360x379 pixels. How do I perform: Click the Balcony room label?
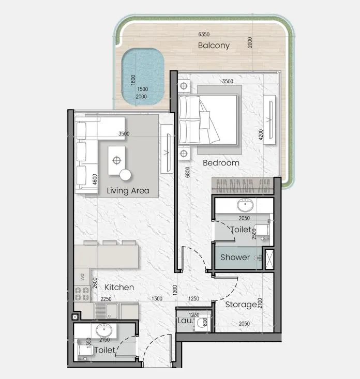pyautogui.click(x=214, y=46)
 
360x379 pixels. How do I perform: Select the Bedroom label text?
pyautogui.click(x=221, y=163)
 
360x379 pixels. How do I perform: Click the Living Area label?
pyautogui.click(x=128, y=191)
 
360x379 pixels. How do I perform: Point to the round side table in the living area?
pyautogui.click(x=126, y=175)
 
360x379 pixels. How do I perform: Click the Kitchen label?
pyautogui.click(x=119, y=287)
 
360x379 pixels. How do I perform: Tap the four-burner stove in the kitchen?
pyautogui.click(x=82, y=294)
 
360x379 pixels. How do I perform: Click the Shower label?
pyautogui.click(x=235, y=257)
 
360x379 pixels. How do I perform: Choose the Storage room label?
pyautogui.click(x=241, y=305)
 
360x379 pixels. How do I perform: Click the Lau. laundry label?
pyautogui.click(x=185, y=321)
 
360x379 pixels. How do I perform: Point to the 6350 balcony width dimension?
pyautogui.click(x=203, y=35)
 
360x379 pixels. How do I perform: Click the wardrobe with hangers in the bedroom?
pyautogui.click(x=242, y=186)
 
